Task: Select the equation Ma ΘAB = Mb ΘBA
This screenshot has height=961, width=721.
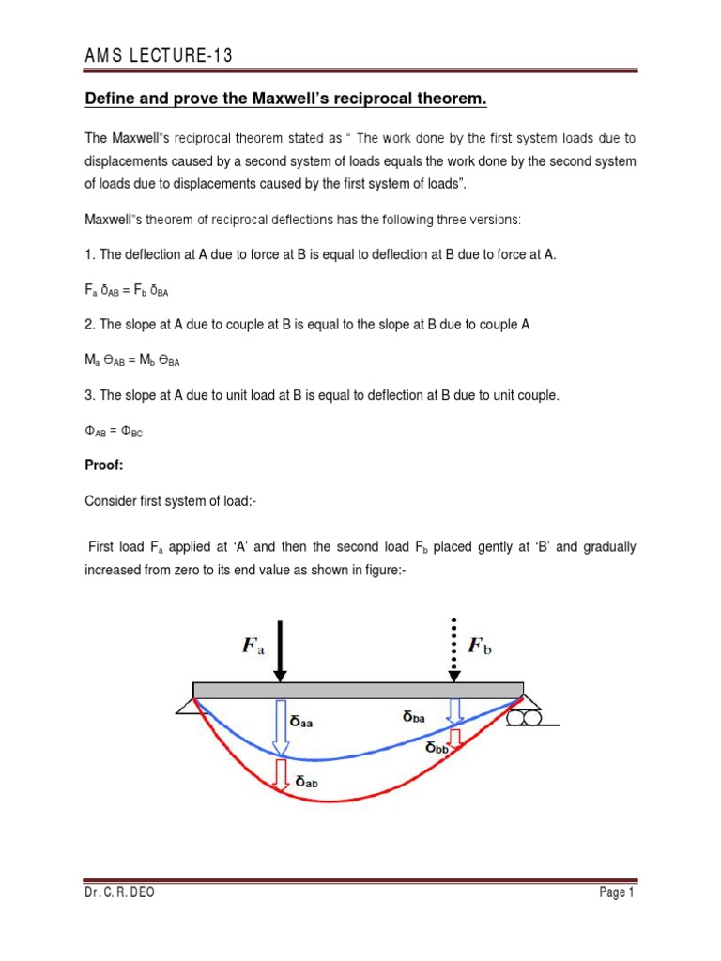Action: click(145, 360)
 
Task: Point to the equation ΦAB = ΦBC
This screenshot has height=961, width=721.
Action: click(115, 431)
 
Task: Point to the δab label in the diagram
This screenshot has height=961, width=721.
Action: click(312, 780)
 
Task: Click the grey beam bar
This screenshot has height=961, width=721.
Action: click(357, 690)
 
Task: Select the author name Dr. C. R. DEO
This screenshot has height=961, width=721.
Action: click(120, 892)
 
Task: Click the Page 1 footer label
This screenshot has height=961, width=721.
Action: click(617, 892)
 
